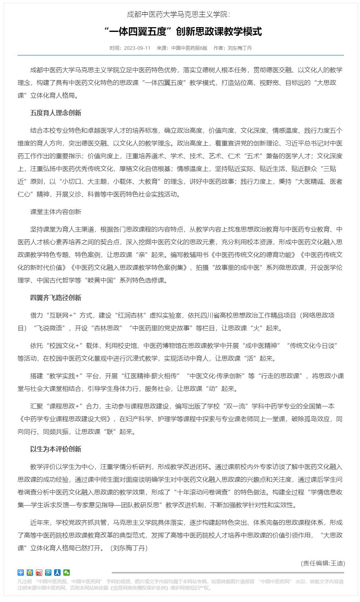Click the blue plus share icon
coord(21,573)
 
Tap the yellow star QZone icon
coord(30,573)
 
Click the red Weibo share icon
coord(39,573)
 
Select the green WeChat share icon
coord(67,573)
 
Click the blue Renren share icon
coord(57,573)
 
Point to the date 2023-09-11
coord(137,48)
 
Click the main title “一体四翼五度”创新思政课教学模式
coord(183,31)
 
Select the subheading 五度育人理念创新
coord(56,113)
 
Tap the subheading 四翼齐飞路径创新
coord(56,298)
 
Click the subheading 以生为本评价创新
coord(56,449)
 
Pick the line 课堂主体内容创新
coord(56,212)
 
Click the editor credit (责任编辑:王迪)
coord(323,563)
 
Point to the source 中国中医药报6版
coord(189,48)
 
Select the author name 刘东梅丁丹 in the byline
coord(240,48)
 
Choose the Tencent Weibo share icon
coord(48,573)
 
